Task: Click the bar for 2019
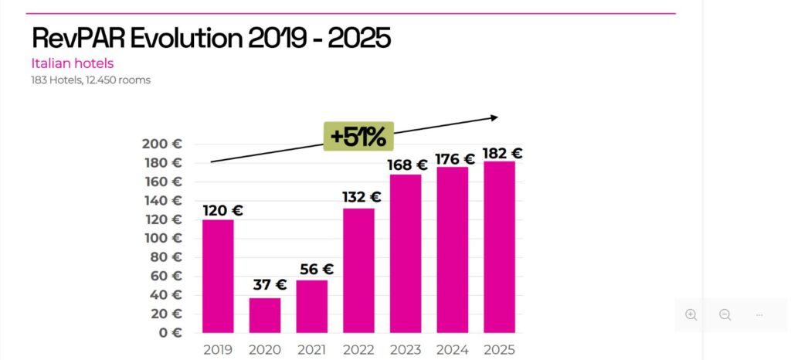point(218,276)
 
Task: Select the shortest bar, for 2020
point(265,314)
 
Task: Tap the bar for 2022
point(358,270)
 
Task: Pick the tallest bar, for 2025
point(499,247)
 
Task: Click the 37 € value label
point(270,284)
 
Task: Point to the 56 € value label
point(316,269)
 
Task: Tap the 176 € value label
point(455,158)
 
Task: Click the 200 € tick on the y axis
point(162,144)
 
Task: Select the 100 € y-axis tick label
point(162,239)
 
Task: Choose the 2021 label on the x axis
point(311,350)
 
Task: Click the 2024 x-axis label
point(452,350)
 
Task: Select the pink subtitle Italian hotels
point(73,63)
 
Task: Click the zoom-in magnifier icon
point(691,314)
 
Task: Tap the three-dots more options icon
point(759,314)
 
